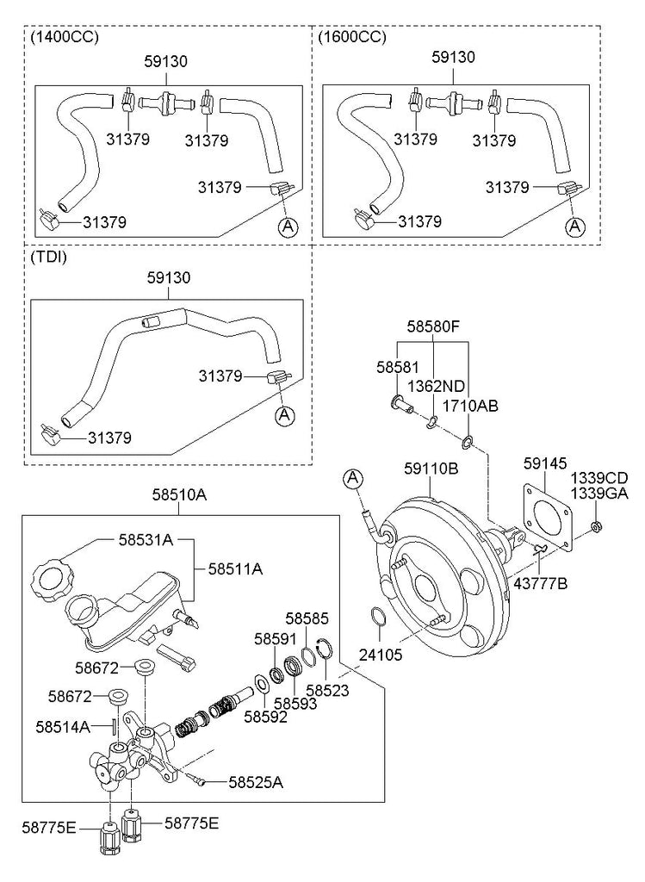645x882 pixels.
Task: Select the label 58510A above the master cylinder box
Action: pyautogui.click(x=179, y=495)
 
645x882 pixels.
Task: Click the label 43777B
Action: pyautogui.click(x=541, y=584)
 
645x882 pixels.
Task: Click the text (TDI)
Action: pyautogui.click(x=49, y=257)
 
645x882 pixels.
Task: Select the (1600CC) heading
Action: pyautogui.click(x=352, y=37)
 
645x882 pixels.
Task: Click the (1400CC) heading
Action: pyautogui.click(x=64, y=37)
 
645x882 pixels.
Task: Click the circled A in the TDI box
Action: pyautogui.click(x=284, y=415)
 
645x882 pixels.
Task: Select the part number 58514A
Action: pyautogui.click(x=63, y=726)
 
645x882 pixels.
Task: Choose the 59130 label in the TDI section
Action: pyautogui.click(x=168, y=277)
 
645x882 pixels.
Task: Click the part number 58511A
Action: pyautogui.click(x=235, y=569)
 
